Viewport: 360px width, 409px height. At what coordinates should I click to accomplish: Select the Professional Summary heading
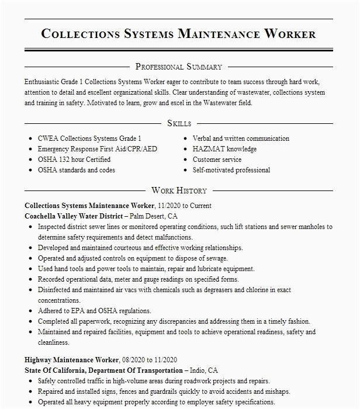[179, 67]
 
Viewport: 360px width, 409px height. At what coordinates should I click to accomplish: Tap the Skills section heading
[179, 123]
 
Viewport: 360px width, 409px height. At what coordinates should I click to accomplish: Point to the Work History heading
[179, 190]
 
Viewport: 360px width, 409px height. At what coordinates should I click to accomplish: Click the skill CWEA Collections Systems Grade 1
[89, 139]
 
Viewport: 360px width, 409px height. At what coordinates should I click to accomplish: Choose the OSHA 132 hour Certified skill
[74, 160]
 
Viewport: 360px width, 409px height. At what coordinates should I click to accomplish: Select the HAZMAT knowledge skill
[224, 149]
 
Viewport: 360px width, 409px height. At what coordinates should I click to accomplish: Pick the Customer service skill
[217, 160]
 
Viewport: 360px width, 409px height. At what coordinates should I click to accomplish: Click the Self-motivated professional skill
[231, 170]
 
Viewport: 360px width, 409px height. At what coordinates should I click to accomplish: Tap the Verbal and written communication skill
[241, 139]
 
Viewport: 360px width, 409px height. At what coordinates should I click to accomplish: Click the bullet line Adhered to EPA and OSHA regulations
[95, 311]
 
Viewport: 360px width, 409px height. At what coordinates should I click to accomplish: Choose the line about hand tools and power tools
[146, 269]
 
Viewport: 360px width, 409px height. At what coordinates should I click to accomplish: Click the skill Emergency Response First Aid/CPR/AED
[98, 149]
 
